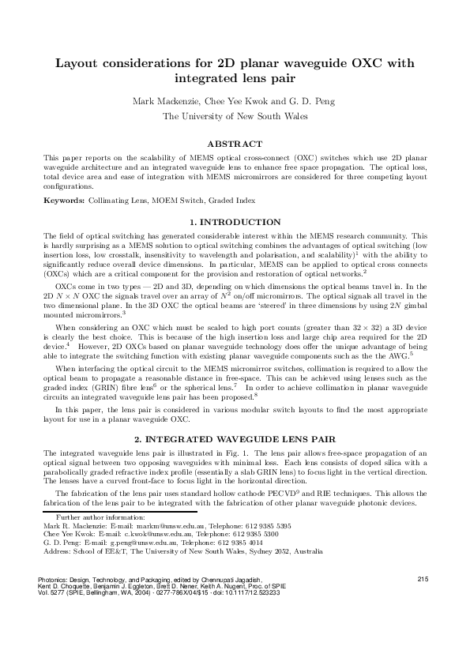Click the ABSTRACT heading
coord(234,144)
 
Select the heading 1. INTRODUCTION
coord(235,222)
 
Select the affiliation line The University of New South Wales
coord(235,116)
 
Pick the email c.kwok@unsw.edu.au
coord(126,533)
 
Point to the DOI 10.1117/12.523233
coord(251,592)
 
